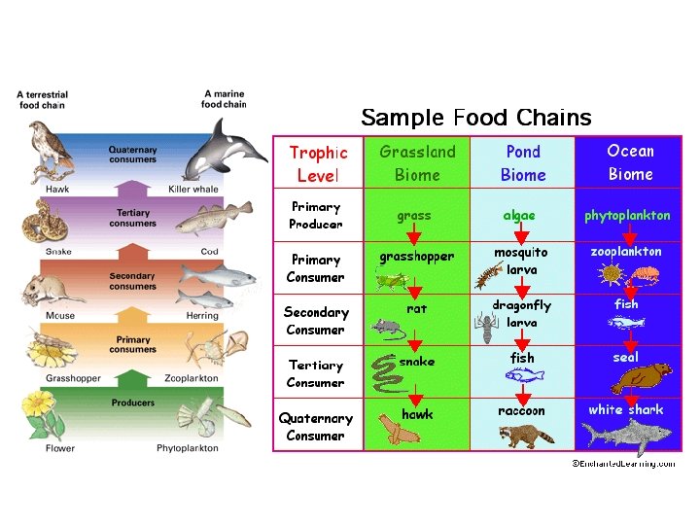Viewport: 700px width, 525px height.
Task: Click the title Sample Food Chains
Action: (x=475, y=119)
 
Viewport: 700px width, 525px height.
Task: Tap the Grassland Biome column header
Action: (x=417, y=163)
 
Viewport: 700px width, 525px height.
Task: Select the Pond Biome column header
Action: (x=523, y=163)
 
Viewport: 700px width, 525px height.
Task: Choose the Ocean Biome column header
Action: (x=630, y=162)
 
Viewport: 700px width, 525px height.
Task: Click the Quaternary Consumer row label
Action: (x=316, y=427)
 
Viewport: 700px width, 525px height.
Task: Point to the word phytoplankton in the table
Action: (x=627, y=216)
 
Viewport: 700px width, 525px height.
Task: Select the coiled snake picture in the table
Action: (x=386, y=374)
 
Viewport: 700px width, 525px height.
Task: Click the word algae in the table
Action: (x=519, y=216)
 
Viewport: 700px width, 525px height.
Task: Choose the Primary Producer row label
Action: (x=316, y=216)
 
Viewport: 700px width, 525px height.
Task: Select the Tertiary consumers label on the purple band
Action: (x=133, y=219)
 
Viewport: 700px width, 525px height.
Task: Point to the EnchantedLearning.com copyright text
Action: (x=622, y=464)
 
